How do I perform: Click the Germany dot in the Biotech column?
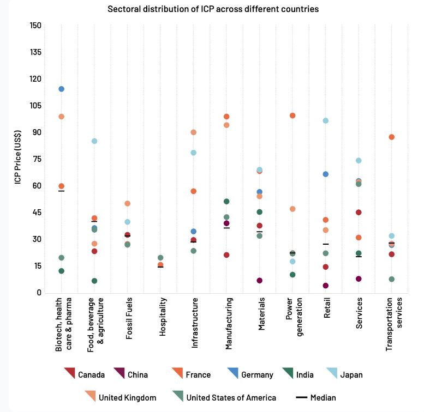62,89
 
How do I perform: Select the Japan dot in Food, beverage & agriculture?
94,141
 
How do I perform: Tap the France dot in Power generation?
292,116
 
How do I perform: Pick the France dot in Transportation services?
392,137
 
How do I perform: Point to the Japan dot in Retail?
326,120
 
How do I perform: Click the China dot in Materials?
260,281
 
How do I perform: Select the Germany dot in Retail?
326,174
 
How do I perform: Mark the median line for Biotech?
62,191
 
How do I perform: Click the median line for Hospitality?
160,267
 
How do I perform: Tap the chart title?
213,9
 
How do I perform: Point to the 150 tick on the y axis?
35,26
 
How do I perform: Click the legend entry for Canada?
85,374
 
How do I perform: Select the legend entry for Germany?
250,374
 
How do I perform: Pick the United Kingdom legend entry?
121,398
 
